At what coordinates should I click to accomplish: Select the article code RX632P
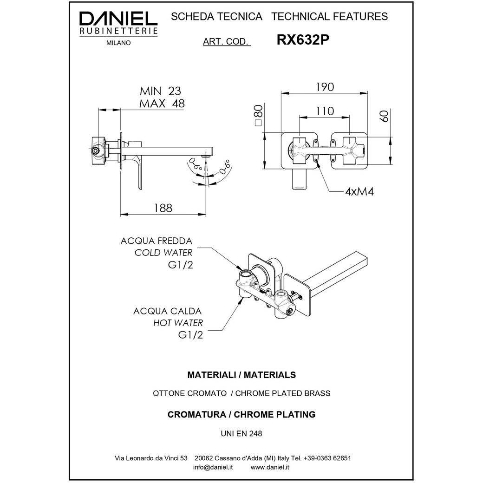[x=303, y=40]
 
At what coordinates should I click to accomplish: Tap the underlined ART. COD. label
[x=227, y=41]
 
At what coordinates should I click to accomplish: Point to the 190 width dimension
[x=324, y=87]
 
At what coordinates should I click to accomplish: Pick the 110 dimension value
[x=324, y=111]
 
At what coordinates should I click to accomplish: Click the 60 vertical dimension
[x=384, y=117]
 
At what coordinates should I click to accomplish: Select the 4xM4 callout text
[x=360, y=192]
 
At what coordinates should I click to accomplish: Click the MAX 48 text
[x=162, y=104]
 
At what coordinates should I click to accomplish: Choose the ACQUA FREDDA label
[x=156, y=241]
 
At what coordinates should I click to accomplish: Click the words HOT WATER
[x=178, y=322]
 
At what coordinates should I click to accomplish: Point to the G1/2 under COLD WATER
[x=180, y=266]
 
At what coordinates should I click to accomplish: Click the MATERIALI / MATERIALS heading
[x=241, y=374]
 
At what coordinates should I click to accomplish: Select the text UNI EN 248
[x=241, y=434]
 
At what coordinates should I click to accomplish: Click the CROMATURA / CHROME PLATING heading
[x=241, y=414]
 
